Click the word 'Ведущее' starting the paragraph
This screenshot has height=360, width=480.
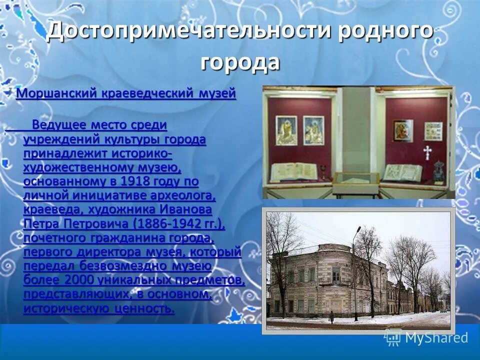tap(58, 124)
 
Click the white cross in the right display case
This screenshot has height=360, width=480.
tap(427, 151)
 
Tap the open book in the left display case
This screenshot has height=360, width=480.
tap(293, 171)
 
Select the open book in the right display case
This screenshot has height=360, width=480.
tap(402, 172)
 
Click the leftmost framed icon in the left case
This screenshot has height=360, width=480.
tap(286, 131)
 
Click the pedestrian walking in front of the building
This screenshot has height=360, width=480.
tap(331, 316)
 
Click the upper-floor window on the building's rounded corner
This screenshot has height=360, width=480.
tap(336, 274)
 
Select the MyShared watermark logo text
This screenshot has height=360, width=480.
tap(436, 337)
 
